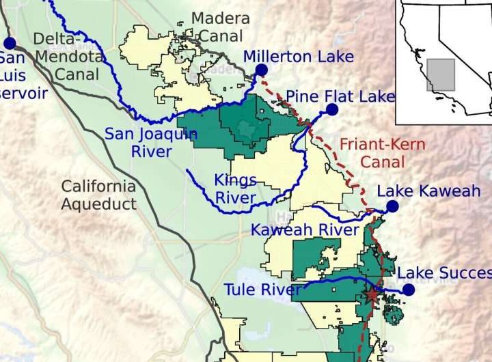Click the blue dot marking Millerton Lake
[261, 70]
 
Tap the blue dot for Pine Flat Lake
[332, 109]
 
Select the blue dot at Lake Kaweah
[392, 206]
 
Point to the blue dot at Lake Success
[408, 290]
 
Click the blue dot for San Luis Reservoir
[9, 43]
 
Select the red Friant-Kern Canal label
[382, 153]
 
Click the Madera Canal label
[220, 28]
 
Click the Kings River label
[235, 189]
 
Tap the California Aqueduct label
[98, 195]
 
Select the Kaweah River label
[305, 230]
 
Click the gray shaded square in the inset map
[441, 74]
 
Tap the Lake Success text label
[444, 273]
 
